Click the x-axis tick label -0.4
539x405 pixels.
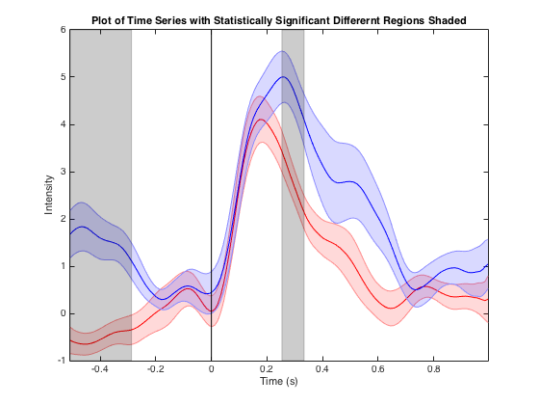(x=100, y=369)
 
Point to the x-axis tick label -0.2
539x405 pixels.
(x=155, y=369)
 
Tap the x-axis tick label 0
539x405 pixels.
(x=211, y=369)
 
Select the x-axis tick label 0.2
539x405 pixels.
(x=267, y=369)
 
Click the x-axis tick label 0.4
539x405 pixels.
(x=322, y=369)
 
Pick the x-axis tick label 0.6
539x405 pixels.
(x=377, y=369)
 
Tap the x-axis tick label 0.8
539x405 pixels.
(x=433, y=369)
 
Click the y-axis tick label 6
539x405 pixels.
(x=63, y=30)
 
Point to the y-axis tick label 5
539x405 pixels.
(x=63, y=77)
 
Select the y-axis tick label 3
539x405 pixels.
(x=63, y=172)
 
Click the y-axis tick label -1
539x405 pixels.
(x=62, y=361)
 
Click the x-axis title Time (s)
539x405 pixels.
(x=279, y=381)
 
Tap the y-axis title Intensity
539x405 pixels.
(x=49, y=195)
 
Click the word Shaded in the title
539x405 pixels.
(x=448, y=20)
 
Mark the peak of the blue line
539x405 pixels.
(x=283, y=77)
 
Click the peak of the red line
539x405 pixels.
(x=261, y=120)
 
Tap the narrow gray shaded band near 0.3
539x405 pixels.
(x=293, y=195)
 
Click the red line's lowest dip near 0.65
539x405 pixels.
(x=391, y=309)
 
